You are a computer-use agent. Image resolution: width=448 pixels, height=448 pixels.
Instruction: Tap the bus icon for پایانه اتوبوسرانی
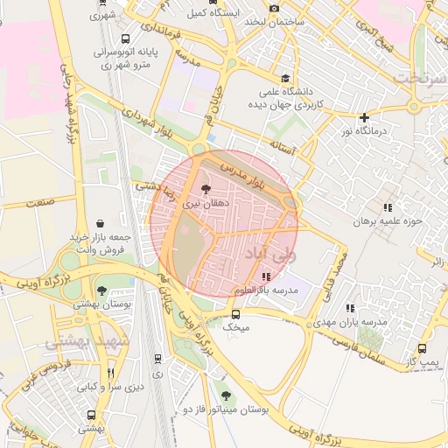coord(126,39)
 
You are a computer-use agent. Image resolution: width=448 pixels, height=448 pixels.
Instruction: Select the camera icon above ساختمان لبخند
coord(274,8)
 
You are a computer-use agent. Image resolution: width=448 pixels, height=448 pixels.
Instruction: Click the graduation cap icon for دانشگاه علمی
coord(286,78)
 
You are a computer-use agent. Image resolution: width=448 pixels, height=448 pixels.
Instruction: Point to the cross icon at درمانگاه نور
coord(364,118)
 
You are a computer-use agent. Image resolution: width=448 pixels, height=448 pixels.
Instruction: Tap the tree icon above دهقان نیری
coord(206,188)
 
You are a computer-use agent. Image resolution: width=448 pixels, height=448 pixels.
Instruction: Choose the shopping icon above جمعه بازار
coord(102,223)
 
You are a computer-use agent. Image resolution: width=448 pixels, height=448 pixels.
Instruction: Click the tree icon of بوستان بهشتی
coord(101,290)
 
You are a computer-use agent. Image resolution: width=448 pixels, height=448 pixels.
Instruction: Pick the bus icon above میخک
coord(234,313)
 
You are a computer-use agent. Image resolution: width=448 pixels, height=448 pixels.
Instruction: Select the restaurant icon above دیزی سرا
coord(110,373)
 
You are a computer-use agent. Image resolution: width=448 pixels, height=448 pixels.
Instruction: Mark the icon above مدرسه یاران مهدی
coord(351,308)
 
